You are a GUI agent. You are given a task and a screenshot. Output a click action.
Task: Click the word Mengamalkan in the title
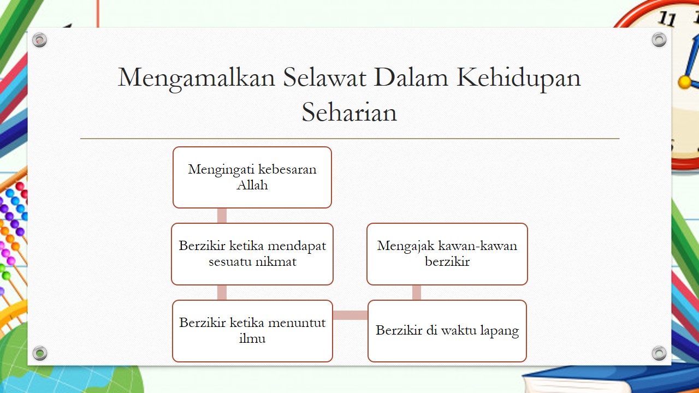(196, 78)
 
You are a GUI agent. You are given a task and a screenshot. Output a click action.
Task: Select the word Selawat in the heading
(324, 77)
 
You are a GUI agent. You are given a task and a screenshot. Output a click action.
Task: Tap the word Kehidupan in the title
(519, 78)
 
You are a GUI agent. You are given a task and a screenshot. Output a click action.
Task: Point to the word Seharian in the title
(349, 112)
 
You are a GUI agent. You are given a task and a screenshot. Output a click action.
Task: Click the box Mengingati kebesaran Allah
(252, 177)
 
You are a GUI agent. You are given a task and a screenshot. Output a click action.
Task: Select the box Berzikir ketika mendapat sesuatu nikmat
(252, 254)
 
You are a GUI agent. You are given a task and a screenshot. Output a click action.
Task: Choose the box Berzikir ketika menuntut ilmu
(252, 331)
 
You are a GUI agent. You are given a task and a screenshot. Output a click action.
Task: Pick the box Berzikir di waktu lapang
(447, 331)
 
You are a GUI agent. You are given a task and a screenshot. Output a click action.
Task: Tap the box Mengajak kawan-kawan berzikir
(447, 254)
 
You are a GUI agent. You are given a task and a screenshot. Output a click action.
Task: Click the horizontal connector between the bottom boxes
(350, 315)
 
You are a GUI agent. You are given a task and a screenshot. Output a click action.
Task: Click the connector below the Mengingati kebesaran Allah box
(222, 216)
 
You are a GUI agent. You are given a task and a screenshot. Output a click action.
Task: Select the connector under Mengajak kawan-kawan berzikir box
(417, 293)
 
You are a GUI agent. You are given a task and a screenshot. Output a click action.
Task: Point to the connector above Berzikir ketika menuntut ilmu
(222, 293)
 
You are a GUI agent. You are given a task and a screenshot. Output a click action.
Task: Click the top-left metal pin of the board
(40, 40)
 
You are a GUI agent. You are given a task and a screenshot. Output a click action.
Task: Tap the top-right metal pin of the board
(659, 40)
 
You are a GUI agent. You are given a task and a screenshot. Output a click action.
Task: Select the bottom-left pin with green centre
(40, 353)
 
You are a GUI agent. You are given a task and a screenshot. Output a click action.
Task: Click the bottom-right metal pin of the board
(659, 353)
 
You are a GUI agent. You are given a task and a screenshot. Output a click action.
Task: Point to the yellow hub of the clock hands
(685, 82)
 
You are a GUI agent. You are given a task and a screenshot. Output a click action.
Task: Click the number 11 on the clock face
(667, 19)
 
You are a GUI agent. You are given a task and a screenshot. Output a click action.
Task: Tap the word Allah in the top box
(252, 185)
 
